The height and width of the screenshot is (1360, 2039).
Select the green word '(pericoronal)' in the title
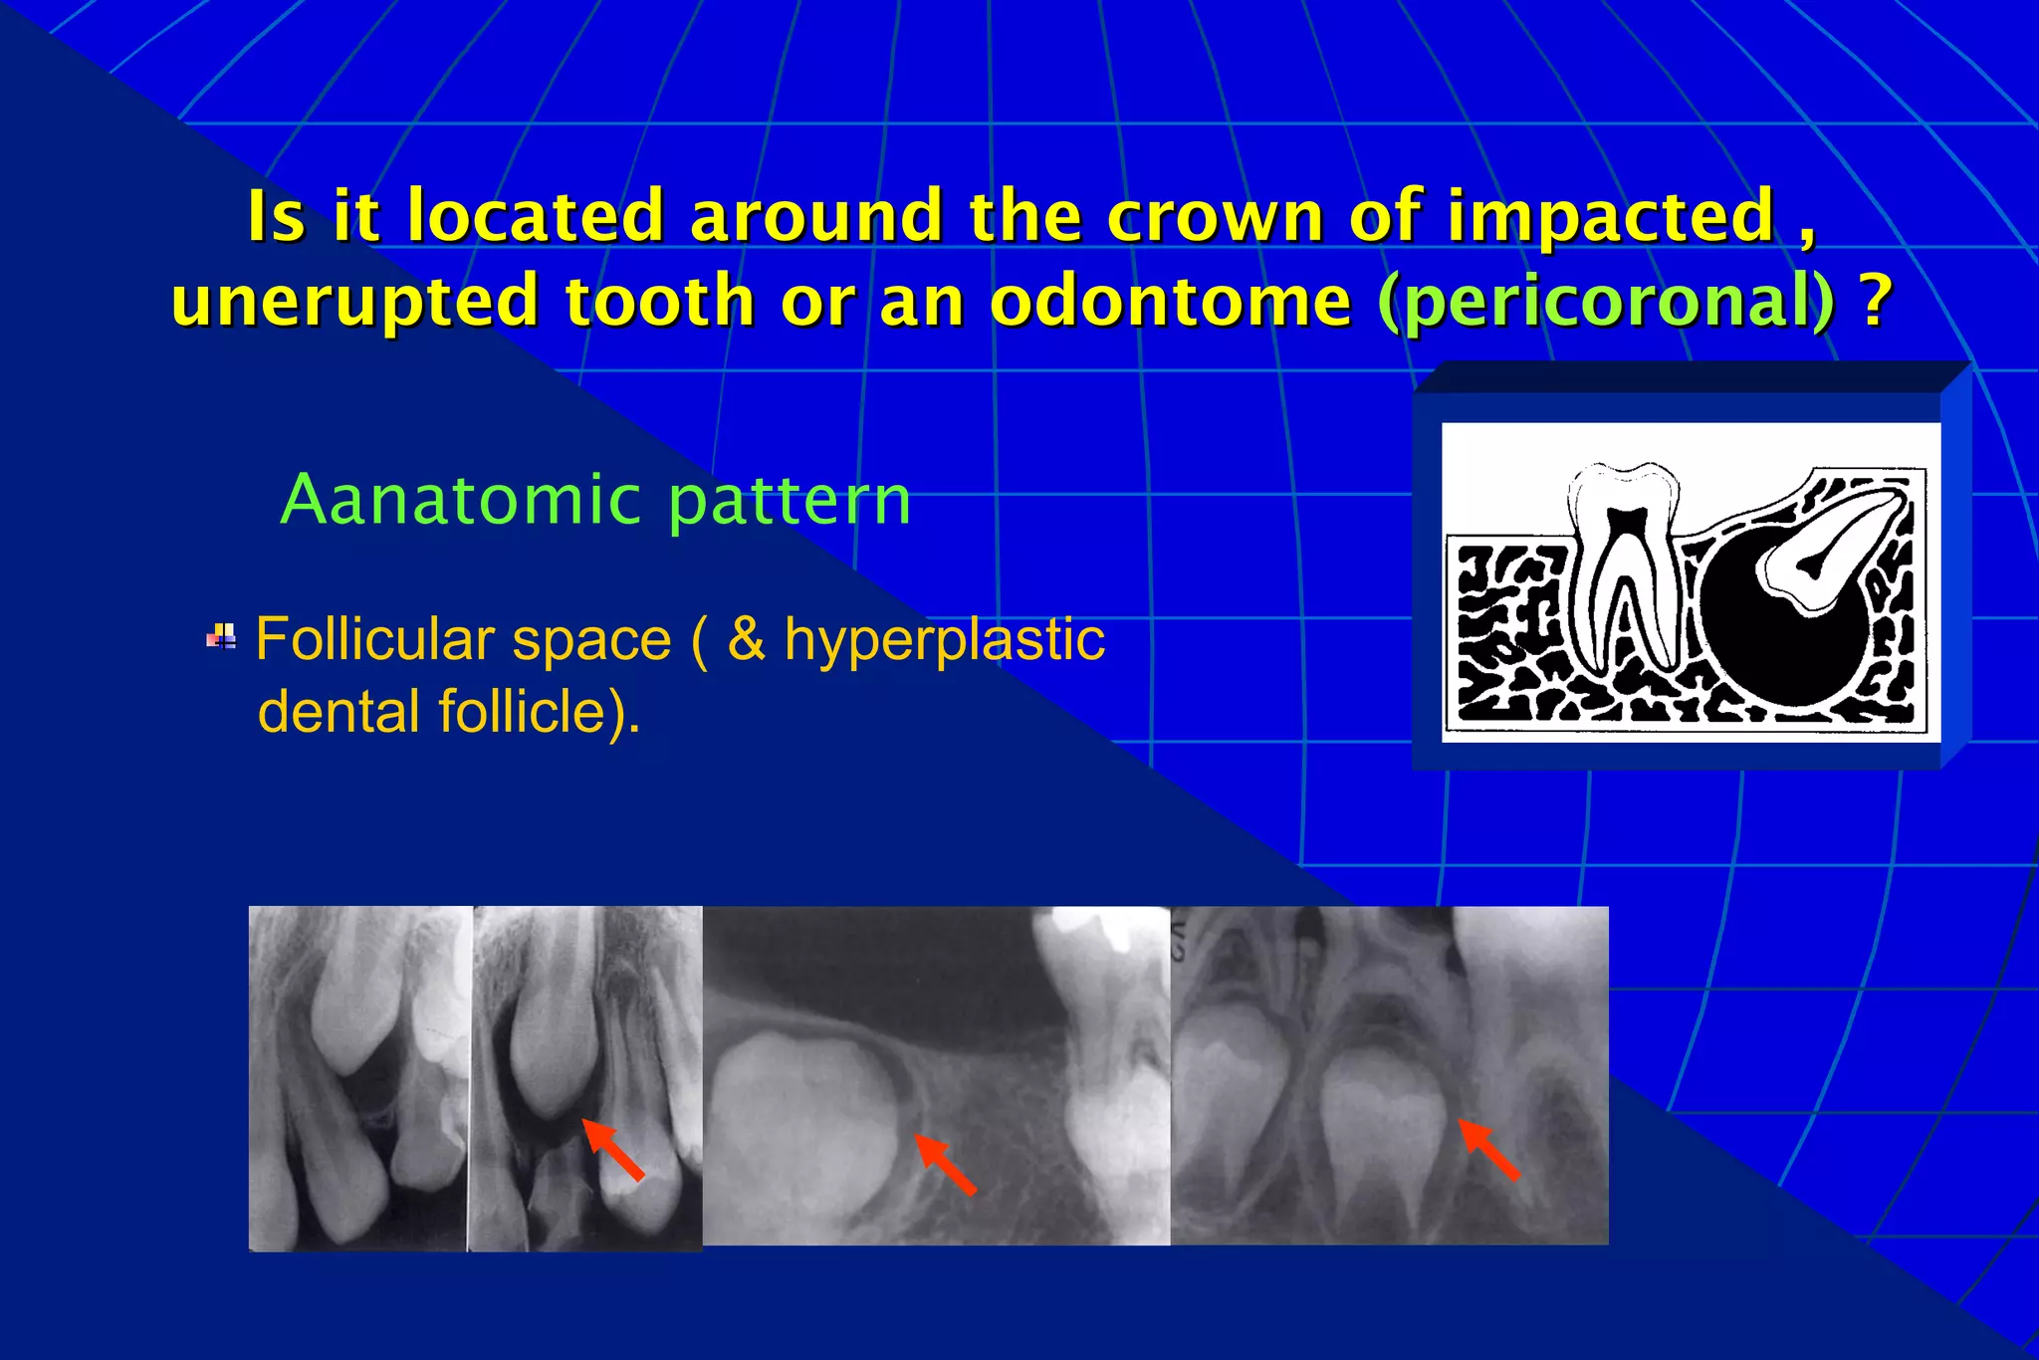point(1607,302)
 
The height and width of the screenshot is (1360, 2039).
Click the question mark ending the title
point(1876,300)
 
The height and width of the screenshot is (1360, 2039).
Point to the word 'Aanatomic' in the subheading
point(461,500)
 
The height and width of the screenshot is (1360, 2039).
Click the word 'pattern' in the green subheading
point(790,502)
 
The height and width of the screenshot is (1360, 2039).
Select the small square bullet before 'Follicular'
point(221,636)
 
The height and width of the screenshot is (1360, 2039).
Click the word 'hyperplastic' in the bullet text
point(944,641)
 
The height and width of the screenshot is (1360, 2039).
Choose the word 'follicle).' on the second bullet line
point(539,713)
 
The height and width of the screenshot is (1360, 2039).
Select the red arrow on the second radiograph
point(613,1150)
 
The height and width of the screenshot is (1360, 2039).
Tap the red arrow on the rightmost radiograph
point(1489,1150)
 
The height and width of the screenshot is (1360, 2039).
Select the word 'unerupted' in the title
point(355,302)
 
